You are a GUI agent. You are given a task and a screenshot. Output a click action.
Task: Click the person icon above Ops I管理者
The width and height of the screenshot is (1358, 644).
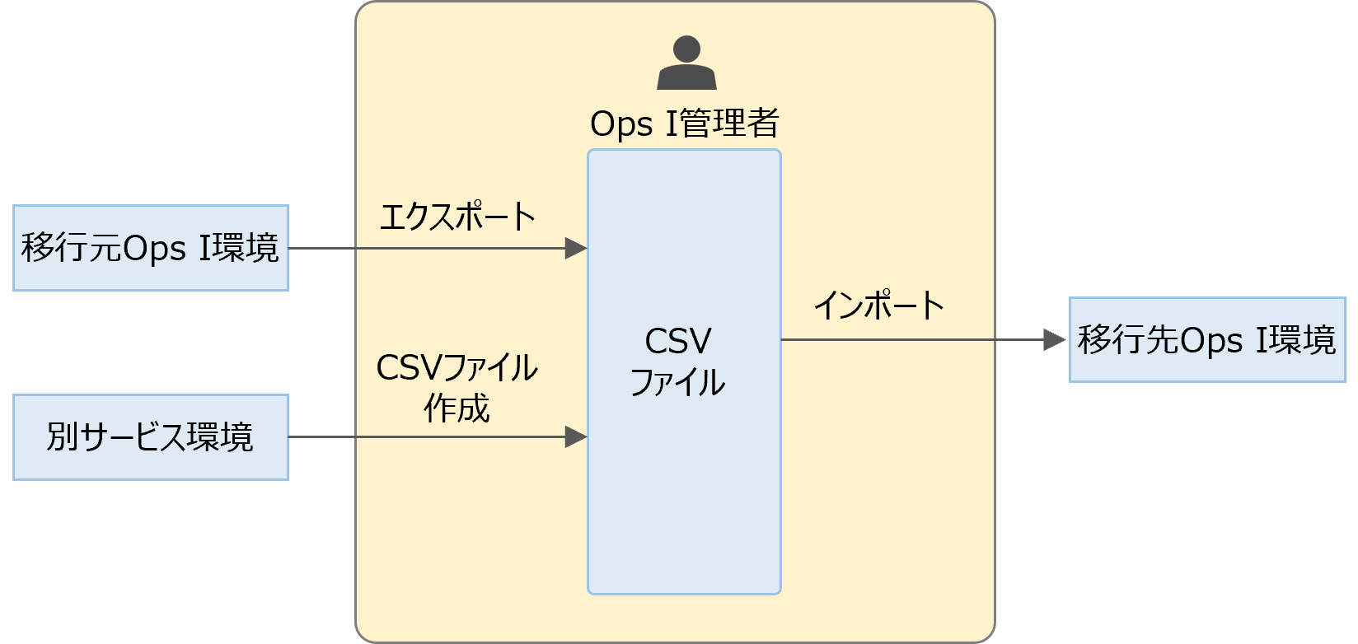[686, 63]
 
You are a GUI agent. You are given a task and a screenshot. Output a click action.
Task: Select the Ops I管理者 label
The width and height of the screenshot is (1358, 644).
[684, 124]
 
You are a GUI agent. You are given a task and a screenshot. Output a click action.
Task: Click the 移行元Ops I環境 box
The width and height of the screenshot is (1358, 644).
[151, 248]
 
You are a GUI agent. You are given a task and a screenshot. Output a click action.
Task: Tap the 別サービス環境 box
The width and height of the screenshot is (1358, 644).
[151, 437]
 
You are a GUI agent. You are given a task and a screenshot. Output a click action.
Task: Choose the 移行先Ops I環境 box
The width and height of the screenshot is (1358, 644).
[1206, 340]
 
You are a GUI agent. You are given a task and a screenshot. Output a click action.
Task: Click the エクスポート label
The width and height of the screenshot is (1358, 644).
[457, 217]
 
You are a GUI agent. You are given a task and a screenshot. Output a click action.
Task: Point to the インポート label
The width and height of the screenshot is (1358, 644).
[878, 306]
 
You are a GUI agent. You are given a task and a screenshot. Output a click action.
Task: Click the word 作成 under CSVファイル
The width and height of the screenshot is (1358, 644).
[457, 408]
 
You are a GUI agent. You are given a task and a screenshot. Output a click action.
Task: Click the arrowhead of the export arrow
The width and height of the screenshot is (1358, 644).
[576, 248]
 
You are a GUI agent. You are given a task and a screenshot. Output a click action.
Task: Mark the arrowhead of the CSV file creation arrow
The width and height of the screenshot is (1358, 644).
[576, 437]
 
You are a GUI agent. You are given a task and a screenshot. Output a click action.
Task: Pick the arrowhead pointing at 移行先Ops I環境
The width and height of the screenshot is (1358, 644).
[1054, 339]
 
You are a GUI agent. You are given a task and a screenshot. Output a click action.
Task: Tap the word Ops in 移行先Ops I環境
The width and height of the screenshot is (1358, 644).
[1209, 340]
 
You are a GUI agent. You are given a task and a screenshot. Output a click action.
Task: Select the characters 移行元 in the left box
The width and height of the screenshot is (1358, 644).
[71, 248]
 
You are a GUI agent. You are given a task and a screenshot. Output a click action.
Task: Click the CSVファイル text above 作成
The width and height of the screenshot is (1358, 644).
[457, 368]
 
